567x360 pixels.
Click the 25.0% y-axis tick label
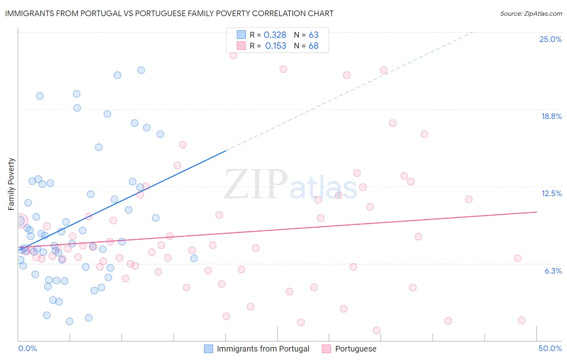coord(550,39)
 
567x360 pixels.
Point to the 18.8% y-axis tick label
coord(551,116)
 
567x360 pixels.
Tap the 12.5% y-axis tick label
coord(551,193)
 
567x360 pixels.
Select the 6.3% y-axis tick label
coord(553,271)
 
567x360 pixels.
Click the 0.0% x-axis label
coord(27,348)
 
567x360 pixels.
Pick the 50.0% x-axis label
coord(550,348)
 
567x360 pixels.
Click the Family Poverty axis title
coord(11,184)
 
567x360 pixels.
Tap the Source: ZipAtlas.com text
coord(531,13)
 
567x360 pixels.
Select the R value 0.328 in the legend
coord(275,35)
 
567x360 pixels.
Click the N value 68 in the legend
coord(313,46)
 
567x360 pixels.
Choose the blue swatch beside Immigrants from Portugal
coord(208,349)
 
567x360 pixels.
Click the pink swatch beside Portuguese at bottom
coord(327,349)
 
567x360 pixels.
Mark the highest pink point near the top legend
coord(233,55)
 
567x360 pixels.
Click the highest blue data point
coord(141,70)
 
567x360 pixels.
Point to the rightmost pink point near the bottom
coord(521,320)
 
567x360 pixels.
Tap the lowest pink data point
coord(376,330)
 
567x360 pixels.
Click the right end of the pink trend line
coord(536,212)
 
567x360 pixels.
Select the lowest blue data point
coord(69,321)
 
